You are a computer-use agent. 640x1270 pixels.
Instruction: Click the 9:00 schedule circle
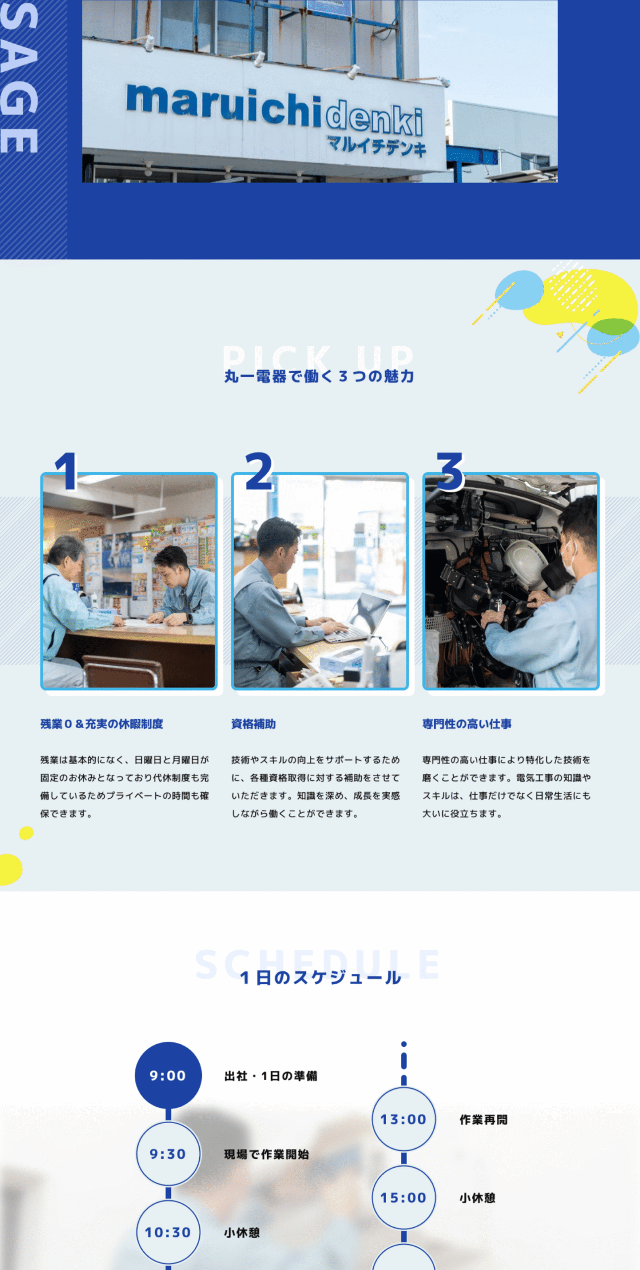(168, 1075)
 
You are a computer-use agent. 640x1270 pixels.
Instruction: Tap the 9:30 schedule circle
(168, 1154)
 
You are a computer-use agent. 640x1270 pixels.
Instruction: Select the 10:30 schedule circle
(168, 1232)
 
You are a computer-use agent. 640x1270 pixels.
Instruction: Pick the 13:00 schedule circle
(404, 1119)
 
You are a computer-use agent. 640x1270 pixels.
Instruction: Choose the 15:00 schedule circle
(404, 1198)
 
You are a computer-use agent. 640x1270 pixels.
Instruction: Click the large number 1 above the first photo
(66, 471)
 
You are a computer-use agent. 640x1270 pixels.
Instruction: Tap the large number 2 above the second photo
(259, 471)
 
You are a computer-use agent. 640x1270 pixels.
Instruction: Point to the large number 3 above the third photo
(450, 471)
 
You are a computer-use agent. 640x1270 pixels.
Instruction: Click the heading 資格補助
(253, 724)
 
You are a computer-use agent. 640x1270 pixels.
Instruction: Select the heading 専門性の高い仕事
(467, 724)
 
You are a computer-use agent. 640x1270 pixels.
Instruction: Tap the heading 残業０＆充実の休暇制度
(102, 724)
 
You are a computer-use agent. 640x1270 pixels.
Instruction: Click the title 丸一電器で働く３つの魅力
(319, 376)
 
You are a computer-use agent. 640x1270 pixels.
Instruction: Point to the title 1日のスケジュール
(320, 977)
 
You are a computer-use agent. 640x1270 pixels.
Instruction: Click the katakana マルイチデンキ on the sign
(377, 145)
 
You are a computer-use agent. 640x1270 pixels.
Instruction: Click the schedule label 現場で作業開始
(267, 1154)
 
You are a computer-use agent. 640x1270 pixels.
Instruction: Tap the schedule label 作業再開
(484, 1120)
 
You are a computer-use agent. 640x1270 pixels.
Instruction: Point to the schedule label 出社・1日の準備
(271, 1076)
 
